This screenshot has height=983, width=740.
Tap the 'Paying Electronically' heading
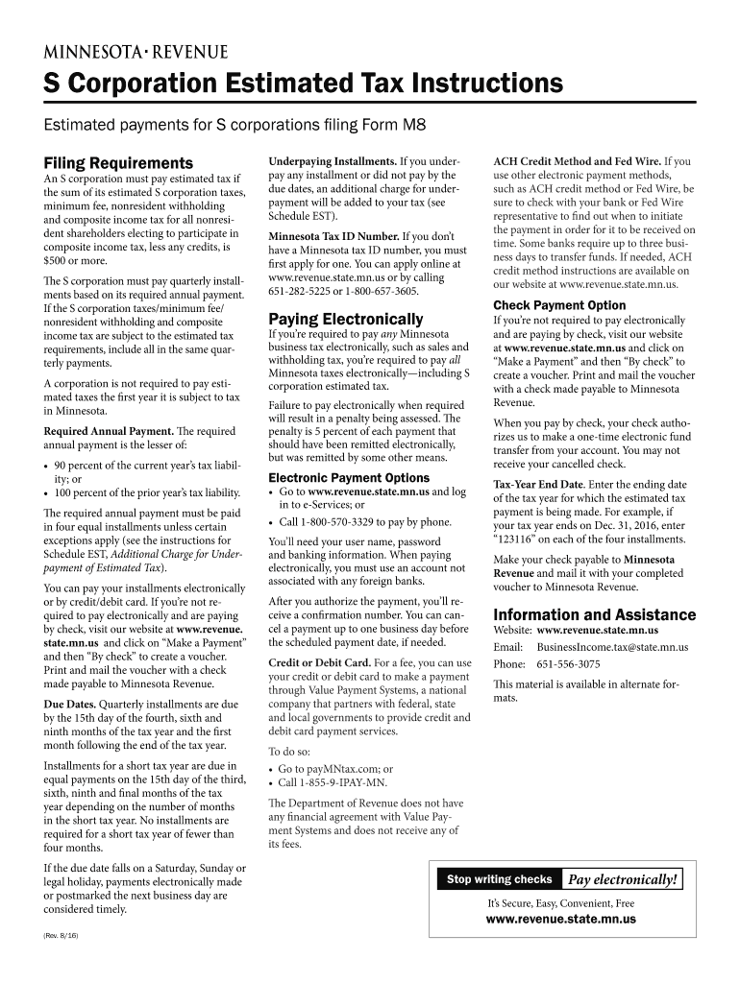pyautogui.click(x=345, y=318)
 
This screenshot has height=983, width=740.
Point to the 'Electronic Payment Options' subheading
pyautogui.click(x=349, y=477)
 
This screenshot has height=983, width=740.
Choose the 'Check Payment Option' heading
pyautogui.click(x=559, y=305)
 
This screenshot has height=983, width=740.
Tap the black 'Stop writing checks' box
pyautogui.click(x=499, y=879)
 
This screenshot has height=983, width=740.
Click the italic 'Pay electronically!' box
pyautogui.click(x=623, y=879)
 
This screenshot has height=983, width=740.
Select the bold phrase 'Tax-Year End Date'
pyautogui.click(x=538, y=484)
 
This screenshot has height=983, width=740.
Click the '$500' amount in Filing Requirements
pyautogui.click(x=59, y=260)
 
